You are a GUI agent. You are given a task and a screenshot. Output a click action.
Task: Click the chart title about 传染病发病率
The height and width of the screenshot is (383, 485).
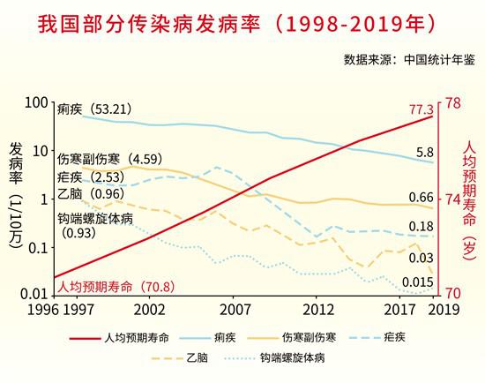pos(242,24)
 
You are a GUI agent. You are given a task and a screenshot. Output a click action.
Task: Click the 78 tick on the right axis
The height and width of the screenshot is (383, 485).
pos(451,104)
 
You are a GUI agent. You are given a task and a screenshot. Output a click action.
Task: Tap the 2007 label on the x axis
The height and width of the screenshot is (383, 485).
pos(235,311)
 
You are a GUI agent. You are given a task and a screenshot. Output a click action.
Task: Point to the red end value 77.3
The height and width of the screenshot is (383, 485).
pos(422,109)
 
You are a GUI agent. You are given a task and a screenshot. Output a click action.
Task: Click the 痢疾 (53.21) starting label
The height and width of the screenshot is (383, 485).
pos(94,109)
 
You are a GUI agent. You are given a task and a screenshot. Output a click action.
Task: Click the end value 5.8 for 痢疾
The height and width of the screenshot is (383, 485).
pos(425,154)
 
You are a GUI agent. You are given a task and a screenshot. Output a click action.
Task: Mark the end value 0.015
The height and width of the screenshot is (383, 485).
pos(417,282)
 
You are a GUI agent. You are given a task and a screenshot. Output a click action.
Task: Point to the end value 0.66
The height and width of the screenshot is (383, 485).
pos(422,197)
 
